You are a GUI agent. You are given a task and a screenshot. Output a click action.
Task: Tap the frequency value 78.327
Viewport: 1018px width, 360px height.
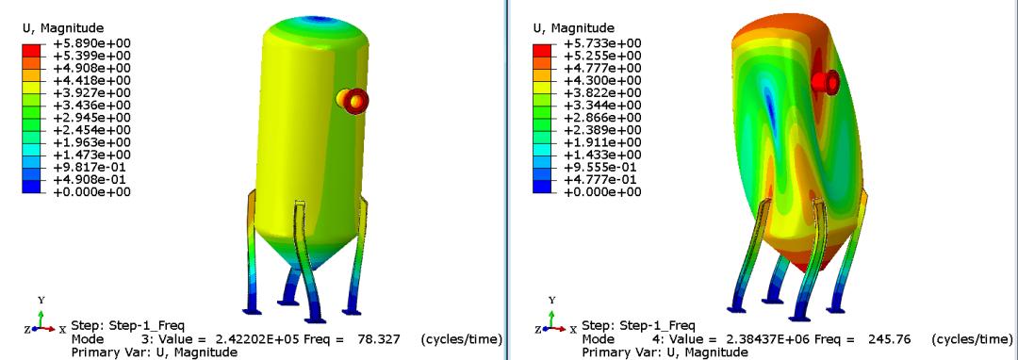coord(376,339)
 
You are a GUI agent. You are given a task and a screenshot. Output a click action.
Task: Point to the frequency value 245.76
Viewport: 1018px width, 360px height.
coord(887,339)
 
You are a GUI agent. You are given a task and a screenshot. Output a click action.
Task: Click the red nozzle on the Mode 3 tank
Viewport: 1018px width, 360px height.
coord(353,101)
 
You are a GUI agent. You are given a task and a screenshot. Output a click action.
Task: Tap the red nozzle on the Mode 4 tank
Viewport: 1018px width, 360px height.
coord(826,82)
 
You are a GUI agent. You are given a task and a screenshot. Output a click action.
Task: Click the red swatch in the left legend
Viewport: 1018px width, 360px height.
coord(31,50)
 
